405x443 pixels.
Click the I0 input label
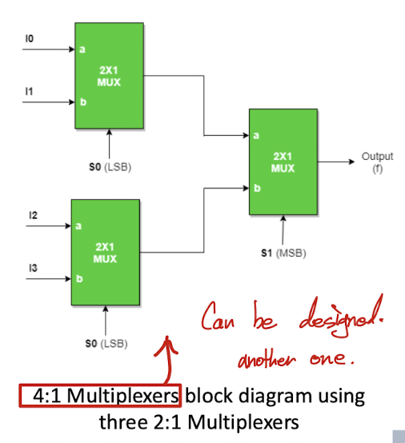pyautogui.click(x=30, y=38)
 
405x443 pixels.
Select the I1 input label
pyautogui.click(x=29, y=91)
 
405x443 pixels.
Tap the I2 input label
pyautogui.click(x=33, y=215)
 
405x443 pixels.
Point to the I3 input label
pyautogui.click(x=33, y=268)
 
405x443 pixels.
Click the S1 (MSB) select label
pyautogui.click(x=283, y=253)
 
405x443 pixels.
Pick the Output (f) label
pyautogui.click(x=377, y=162)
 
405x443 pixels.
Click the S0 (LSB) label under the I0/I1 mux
pyautogui.click(x=110, y=167)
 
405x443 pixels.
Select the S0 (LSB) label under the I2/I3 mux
pyautogui.click(x=106, y=344)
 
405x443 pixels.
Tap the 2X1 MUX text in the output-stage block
pyautogui.click(x=283, y=162)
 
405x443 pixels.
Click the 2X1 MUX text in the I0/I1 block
pyautogui.click(x=109, y=76)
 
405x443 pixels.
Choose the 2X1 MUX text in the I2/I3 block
pyautogui.click(x=105, y=253)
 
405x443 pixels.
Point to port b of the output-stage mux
pyautogui.click(x=257, y=188)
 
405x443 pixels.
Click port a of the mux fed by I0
pyautogui.click(x=82, y=50)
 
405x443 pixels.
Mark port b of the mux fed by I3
pyautogui.click(x=79, y=278)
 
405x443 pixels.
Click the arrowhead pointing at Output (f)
pyautogui.click(x=351, y=162)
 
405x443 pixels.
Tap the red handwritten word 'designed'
pyautogui.click(x=341, y=317)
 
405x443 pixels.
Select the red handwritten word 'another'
pyautogui.click(x=267, y=359)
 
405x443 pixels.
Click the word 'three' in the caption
pyautogui.click(x=123, y=422)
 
